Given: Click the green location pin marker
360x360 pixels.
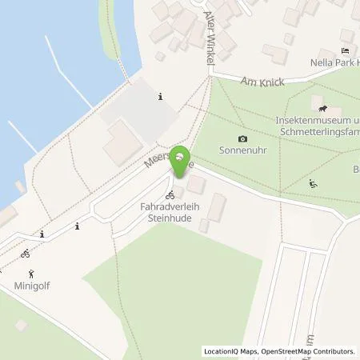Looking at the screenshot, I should point(182,160).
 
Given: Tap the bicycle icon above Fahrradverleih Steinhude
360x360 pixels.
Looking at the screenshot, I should point(170,194).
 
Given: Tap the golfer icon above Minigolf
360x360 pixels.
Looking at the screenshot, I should point(30,272).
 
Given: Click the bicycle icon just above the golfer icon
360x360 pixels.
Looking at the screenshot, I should point(26,254).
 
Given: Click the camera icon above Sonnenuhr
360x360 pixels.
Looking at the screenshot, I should point(243,139).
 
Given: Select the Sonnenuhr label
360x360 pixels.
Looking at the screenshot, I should point(242,150).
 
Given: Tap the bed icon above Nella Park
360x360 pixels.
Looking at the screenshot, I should point(346,50).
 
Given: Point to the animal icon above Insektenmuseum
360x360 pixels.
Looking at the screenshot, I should point(322,108).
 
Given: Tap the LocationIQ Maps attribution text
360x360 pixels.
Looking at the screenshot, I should point(230,351).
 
